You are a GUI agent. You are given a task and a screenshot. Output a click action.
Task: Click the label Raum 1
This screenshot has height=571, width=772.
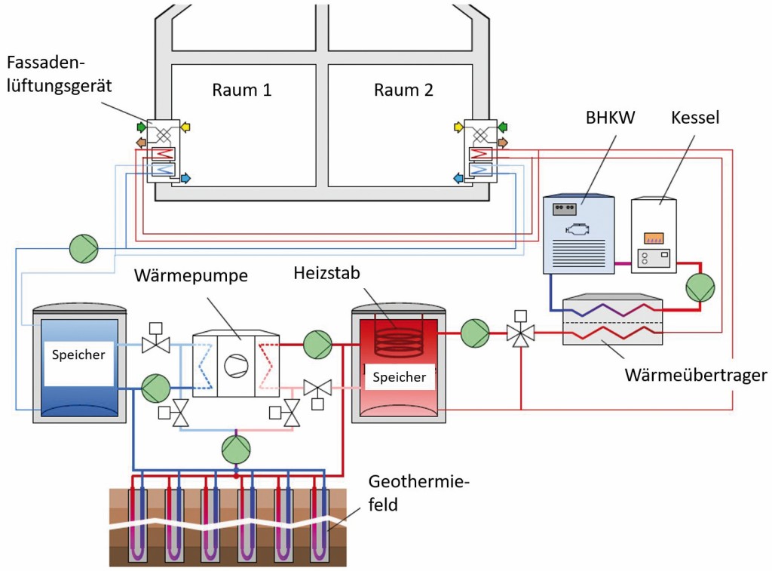click(x=241, y=91)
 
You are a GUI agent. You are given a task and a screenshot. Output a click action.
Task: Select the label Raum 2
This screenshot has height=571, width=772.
click(x=403, y=91)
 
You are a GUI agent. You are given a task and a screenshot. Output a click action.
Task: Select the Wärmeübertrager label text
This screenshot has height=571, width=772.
click(x=696, y=375)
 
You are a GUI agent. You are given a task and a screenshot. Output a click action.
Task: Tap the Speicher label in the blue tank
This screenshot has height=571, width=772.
click(x=79, y=355)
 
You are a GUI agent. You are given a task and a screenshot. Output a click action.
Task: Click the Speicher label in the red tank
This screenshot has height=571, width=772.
click(x=399, y=377)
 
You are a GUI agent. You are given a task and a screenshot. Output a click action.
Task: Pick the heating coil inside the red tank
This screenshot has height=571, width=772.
click(x=399, y=339)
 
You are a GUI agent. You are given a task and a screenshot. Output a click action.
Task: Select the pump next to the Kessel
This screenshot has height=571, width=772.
click(x=700, y=287)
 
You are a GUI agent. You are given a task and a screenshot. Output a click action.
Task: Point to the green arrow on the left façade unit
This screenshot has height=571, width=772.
click(x=141, y=126)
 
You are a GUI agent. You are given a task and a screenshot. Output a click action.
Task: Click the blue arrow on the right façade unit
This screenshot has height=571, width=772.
click(x=458, y=178)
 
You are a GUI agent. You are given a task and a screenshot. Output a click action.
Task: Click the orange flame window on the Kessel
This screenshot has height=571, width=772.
click(x=653, y=239)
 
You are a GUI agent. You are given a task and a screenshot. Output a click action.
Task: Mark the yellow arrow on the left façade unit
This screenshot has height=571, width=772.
click(x=185, y=127)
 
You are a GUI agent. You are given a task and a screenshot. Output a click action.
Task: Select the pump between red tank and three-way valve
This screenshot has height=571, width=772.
click(x=475, y=332)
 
